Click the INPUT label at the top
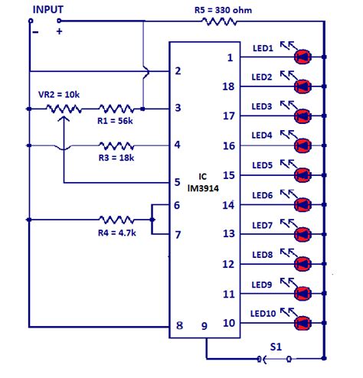tap(47, 10)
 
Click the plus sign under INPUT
tap(59, 31)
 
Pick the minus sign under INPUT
tap(34, 31)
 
